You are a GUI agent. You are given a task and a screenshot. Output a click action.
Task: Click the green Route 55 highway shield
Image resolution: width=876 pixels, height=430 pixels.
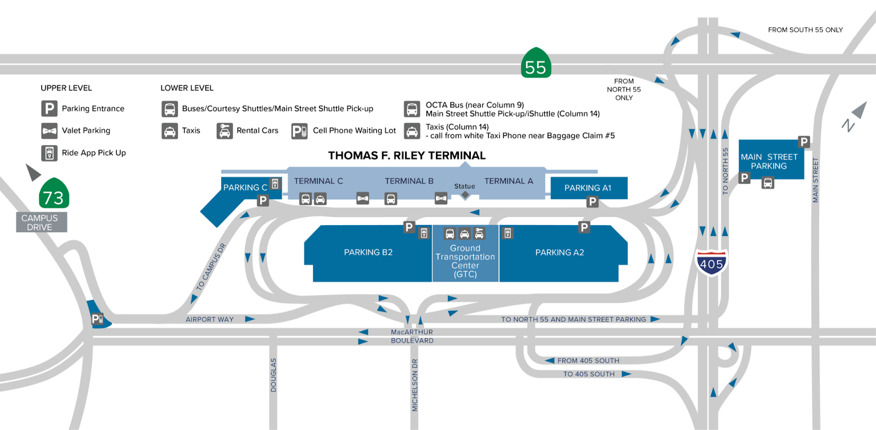tap(536, 63)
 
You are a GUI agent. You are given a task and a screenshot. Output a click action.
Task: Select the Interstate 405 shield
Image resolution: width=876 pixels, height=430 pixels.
tap(711, 262)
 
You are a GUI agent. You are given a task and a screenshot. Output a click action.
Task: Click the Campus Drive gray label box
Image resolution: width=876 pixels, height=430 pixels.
tap(42, 222)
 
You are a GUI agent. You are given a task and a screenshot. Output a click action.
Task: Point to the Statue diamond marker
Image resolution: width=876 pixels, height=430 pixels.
tap(465, 194)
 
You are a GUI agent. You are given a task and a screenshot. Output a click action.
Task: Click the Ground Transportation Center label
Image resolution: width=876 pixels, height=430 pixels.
tap(465, 261)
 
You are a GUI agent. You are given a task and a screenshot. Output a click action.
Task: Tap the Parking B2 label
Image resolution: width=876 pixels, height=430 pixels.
tap(368, 253)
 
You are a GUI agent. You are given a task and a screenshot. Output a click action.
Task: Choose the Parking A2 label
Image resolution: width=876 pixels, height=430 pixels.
tap(560, 253)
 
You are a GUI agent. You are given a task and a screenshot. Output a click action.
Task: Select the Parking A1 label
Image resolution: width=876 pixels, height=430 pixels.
tap(587, 188)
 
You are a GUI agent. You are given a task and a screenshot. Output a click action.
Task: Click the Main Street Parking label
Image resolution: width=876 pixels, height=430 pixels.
tap(769, 161)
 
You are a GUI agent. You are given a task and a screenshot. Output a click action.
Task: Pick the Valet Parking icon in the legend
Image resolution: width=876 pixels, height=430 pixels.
tap(49, 131)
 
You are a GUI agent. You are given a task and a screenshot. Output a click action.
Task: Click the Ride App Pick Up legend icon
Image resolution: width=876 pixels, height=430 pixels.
tap(49, 153)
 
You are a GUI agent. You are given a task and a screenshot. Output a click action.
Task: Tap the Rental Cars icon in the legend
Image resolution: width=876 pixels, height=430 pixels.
tap(224, 131)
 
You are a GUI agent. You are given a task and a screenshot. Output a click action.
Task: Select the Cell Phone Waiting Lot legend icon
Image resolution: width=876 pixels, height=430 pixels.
tap(299, 131)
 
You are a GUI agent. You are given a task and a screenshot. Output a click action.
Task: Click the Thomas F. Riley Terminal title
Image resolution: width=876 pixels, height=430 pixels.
tap(407, 156)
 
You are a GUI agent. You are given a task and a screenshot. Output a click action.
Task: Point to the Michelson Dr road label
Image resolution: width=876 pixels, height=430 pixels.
tap(414, 385)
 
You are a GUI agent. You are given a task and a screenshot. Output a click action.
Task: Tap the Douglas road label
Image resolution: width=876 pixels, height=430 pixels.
tap(273, 375)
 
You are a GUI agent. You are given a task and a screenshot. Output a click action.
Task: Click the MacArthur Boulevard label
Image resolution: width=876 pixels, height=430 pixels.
tap(412, 336)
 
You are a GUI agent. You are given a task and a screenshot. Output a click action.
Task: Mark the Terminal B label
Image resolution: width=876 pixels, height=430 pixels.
tap(409, 181)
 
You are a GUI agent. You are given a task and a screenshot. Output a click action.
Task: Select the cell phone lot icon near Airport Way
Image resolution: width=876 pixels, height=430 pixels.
tap(97, 319)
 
